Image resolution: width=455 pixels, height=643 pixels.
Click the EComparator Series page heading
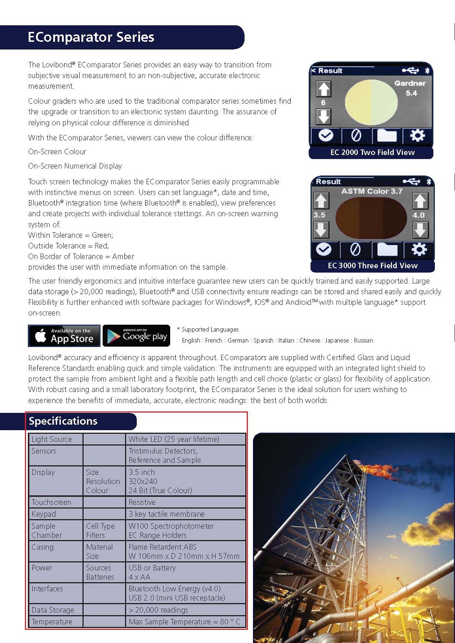click(91, 37)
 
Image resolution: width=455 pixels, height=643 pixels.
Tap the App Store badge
click(65, 336)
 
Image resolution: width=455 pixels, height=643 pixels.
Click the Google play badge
click(136, 336)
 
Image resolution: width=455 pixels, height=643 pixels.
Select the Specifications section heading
click(63, 421)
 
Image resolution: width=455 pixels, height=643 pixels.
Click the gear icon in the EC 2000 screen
click(417, 136)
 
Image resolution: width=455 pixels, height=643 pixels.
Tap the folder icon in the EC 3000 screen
click(387, 249)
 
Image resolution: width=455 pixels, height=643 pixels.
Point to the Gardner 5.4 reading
click(410, 88)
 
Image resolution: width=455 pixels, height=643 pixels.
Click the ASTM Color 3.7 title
click(372, 191)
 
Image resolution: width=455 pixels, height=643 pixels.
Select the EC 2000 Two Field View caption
click(372, 152)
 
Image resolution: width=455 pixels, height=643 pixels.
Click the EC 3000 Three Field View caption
click(373, 266)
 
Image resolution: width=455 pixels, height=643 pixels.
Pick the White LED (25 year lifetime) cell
click(174, 439)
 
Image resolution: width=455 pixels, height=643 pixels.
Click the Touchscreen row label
click(51, 502)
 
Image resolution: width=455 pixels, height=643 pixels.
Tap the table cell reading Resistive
click(142, 502)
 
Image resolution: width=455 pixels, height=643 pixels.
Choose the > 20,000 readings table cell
click(158, 610)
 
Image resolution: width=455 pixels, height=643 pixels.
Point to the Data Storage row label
click(53, 610)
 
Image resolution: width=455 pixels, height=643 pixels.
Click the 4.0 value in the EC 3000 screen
click(419, 215)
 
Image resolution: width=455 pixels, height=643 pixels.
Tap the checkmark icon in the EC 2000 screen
click(326, 136)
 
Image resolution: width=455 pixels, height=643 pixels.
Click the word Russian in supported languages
click(364, 341)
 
